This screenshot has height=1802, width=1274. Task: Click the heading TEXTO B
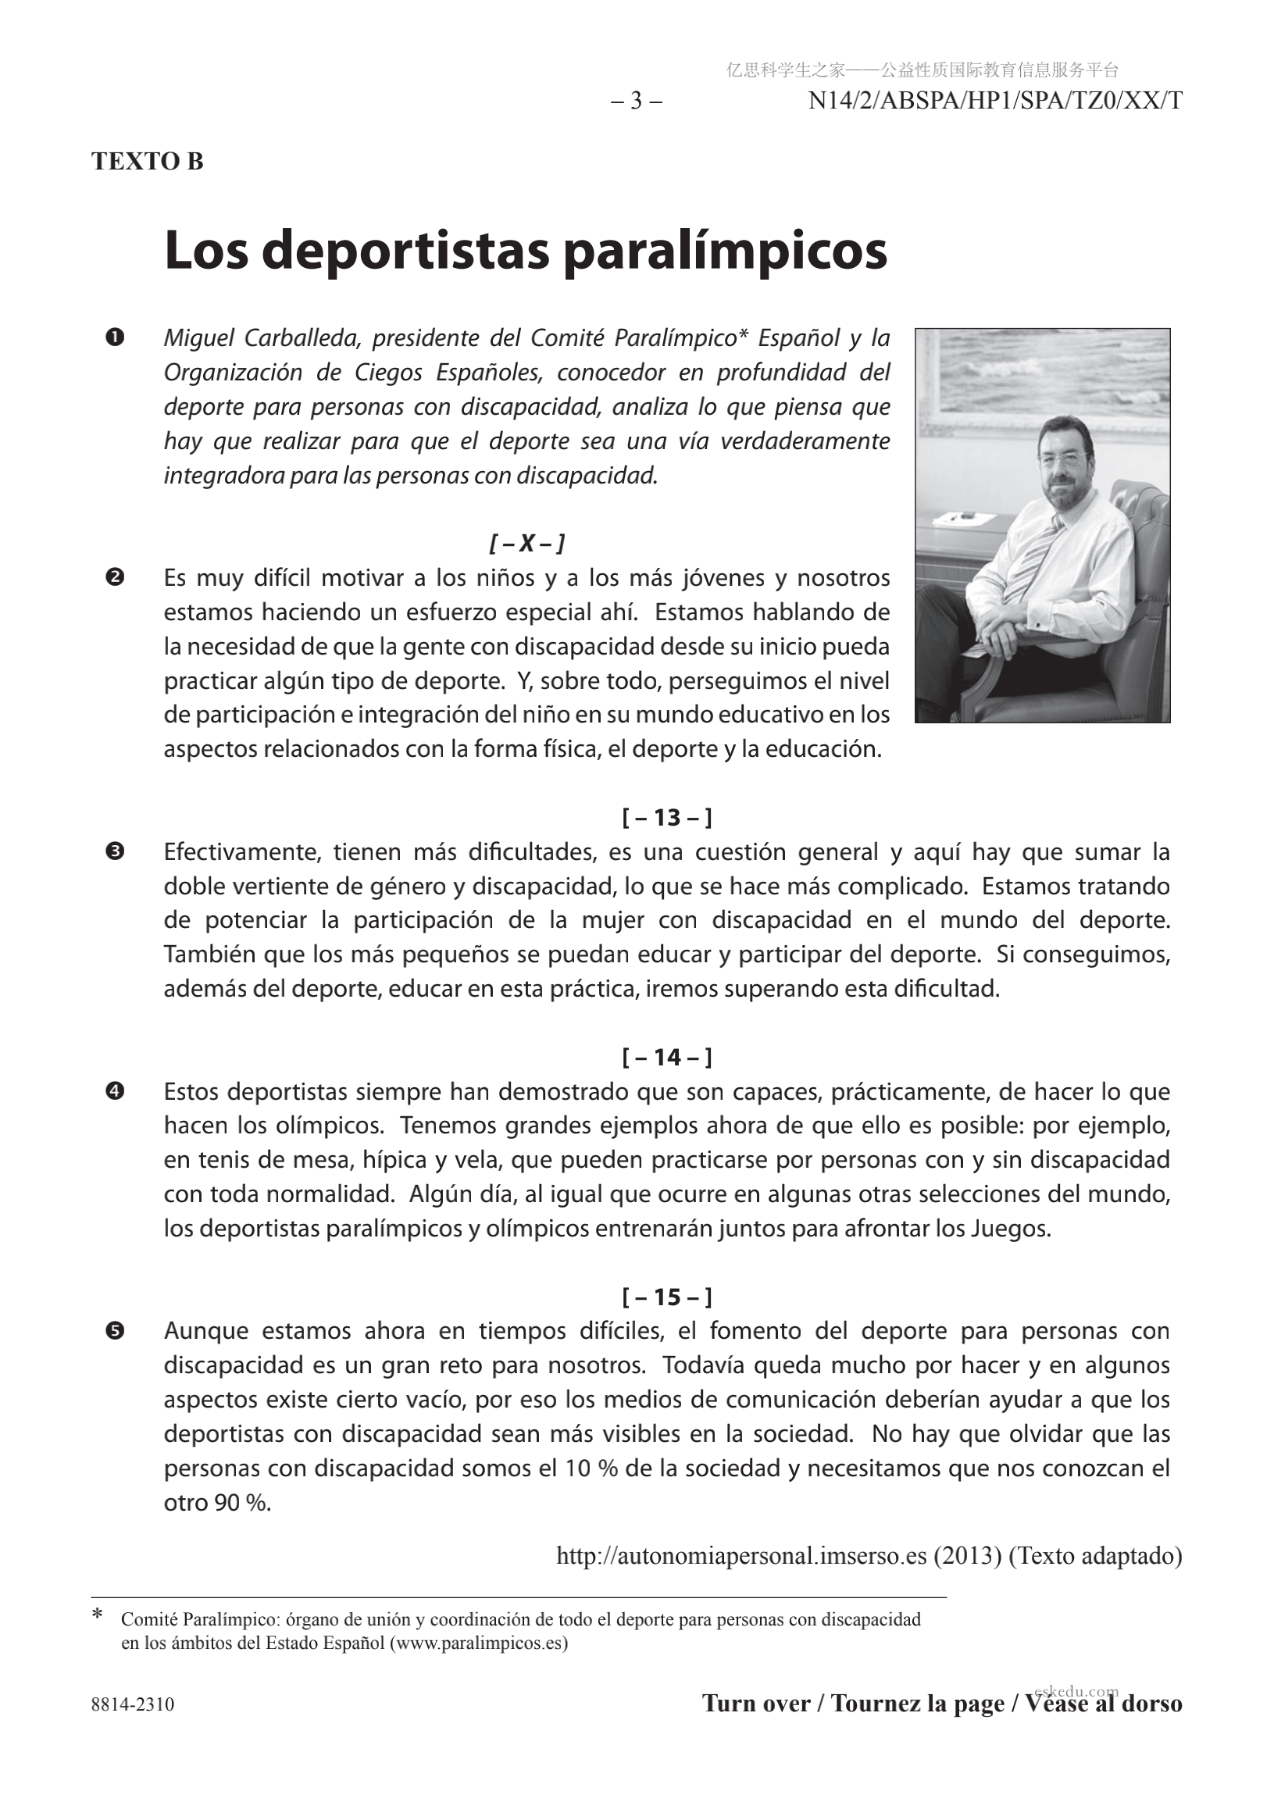point(148,162)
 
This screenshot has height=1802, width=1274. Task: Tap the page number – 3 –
point(637,102)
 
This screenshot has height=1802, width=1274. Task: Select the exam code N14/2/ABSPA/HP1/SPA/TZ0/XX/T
point(995,102)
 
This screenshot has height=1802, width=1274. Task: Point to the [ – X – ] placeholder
point(526,543)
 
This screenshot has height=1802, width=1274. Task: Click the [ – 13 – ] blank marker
point(666,818)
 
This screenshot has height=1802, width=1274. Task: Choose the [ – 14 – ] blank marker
point(666,1057)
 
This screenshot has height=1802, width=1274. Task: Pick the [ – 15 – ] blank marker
point(666,1297)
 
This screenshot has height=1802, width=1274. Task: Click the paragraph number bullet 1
point(115,338)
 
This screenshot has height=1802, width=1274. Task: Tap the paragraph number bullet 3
point(115,851)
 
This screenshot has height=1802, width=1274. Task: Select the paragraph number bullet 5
point(115,1331)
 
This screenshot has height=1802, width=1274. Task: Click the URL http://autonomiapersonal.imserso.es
point(741,1555)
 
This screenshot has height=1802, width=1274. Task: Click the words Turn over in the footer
point(755,1704)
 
